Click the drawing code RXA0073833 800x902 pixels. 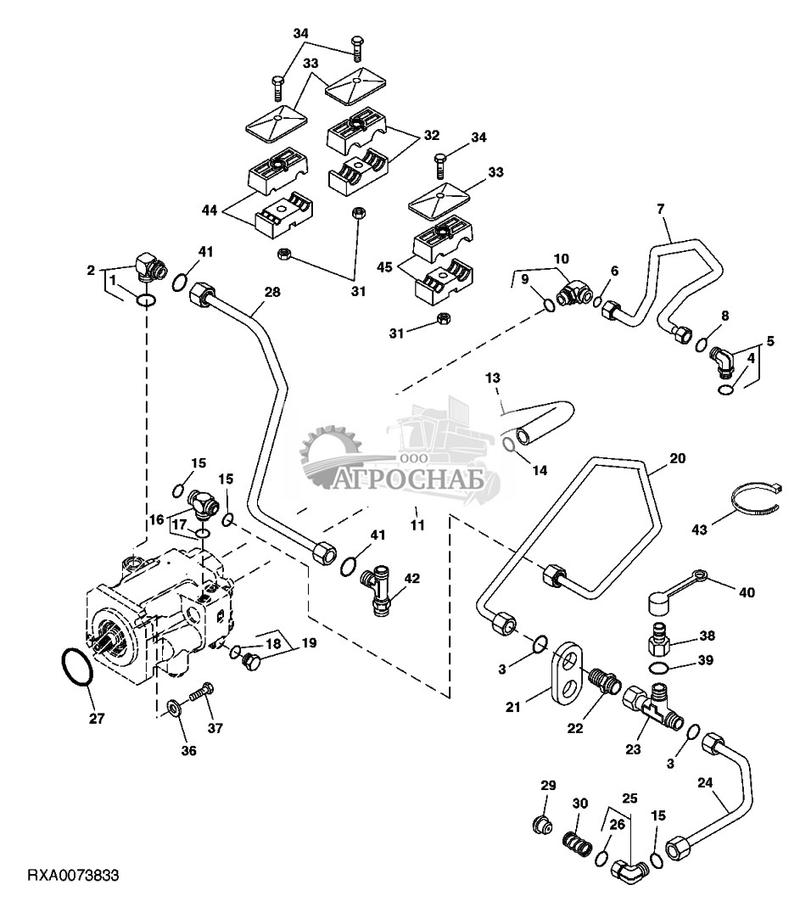coord(72,875)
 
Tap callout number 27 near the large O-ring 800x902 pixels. coord(97,719)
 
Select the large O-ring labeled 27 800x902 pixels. coord(76,667)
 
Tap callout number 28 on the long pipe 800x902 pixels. coord(271,293)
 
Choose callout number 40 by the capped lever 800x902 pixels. coord(747,592)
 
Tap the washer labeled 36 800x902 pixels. coord(172,707)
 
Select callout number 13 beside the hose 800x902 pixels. coord(494,376)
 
